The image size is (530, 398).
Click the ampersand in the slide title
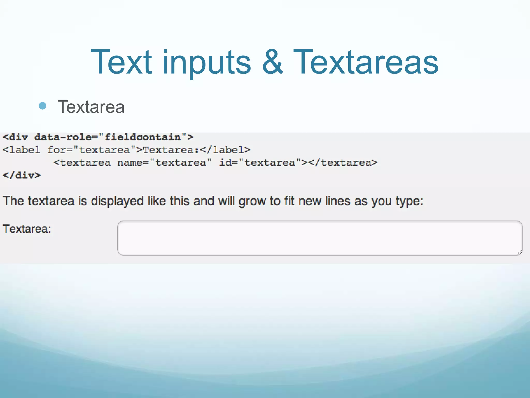[272, 62]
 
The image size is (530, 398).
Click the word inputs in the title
[207, 63]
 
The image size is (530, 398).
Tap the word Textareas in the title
[366, 62]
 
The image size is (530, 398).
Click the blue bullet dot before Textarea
[42, 106]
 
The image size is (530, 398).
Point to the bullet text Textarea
[91, 107]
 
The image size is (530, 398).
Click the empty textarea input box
[320, 238]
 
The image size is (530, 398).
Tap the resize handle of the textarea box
[519, 252]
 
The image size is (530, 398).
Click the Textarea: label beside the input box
[27, 229]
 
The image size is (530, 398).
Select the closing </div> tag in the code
[22, 175]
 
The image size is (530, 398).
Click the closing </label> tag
[225, 150]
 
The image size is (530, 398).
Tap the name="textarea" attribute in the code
[164, 163]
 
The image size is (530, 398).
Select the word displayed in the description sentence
[117, 201]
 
